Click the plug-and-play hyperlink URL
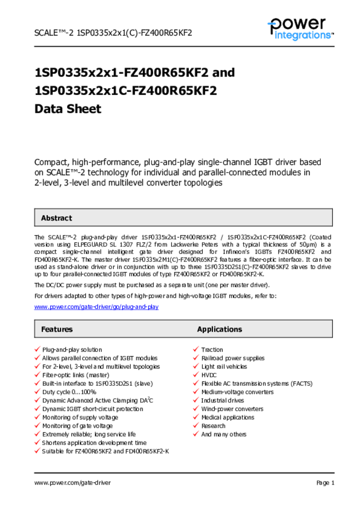(x=96, y=307)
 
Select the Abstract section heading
(x=56, y=218)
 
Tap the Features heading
(x=57, y=329)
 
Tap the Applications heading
(x=219, y=329)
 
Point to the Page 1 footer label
(x=325, y=483)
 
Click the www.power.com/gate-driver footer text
(x=73, y=483)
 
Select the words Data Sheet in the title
(x=68, y=109)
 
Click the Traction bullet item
(x=212, y=350)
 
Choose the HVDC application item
(x=209, y=375)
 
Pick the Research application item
(x=213, y=426)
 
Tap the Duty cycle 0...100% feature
(x=69, y=392)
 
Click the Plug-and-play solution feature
(x=72, y=350)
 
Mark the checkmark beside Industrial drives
(x=196, y=401)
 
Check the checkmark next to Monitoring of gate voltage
(x=37, y=426)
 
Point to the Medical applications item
(x=227, y=418)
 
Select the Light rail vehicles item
(x=224, y=367)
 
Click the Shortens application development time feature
(x=94, y=443)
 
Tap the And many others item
(x=223, y=434)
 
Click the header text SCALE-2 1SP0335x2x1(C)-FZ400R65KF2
(x=113, y=33)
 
